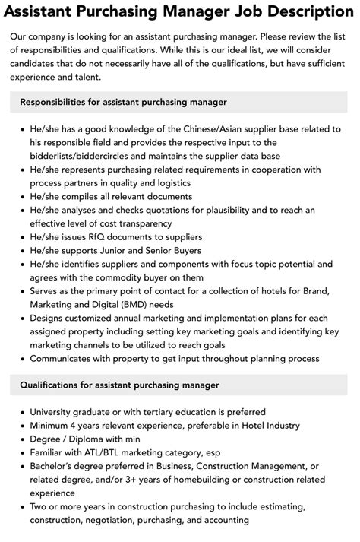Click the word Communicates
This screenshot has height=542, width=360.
point(65,360)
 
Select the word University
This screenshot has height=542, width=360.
point(54,414)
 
